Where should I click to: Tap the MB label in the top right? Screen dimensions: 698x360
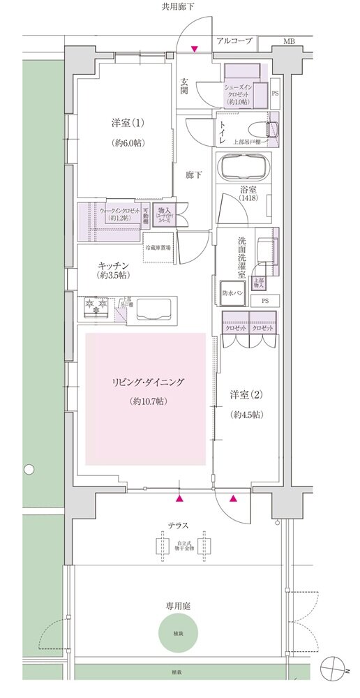pyautogui.click(x=288, y=42)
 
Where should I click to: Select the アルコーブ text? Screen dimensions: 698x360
pyautogui.click(x=233, y=42)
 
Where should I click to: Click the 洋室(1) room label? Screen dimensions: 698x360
pyautogui.click(x=128, y=124)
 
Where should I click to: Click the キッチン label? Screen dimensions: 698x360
pyautogui.click(x=112, y=265)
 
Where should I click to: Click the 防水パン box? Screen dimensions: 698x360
pyautogui.click(x=232, y=292)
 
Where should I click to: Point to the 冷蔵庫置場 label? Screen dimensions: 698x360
pyautogui.click(x=158, y=248)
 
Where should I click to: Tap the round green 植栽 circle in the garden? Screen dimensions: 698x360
pyautogui.click(x=179, y=634)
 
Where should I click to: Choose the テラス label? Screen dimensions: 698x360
pyautogui.click(x=179, y=525)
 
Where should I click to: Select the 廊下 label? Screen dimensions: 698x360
pyautogui.click(x=195, y=174)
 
